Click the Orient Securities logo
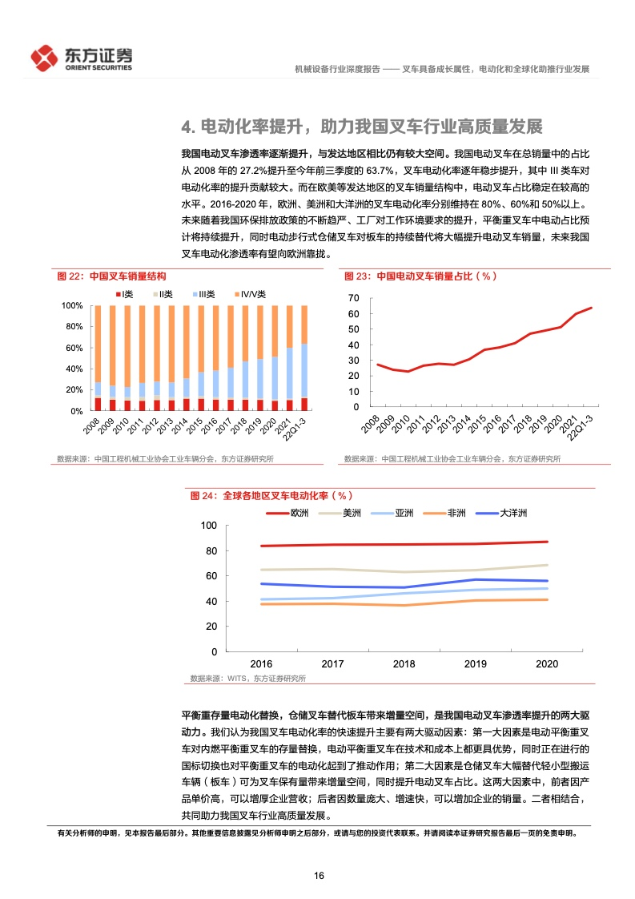click(82, 58)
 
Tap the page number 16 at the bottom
click(320, 876)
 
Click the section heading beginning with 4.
click(362, 127)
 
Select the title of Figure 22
click(112, 276)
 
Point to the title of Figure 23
click(420, 276)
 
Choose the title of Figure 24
click(271, 495)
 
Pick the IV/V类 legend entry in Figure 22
click(250, 294)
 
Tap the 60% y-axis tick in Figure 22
click(74, 348)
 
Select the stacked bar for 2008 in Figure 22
click(98, 358)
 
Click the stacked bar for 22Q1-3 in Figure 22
click(304, 358)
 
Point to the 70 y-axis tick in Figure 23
click(354, 298)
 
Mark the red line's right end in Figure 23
click(592, 308)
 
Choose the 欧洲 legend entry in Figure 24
click(287, 513)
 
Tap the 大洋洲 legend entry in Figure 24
click(501, 513)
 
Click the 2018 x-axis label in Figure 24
click(404, 664)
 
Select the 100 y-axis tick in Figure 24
click(209, 525)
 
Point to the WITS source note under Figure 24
click(248, 679)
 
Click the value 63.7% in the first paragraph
click(380, 171)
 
